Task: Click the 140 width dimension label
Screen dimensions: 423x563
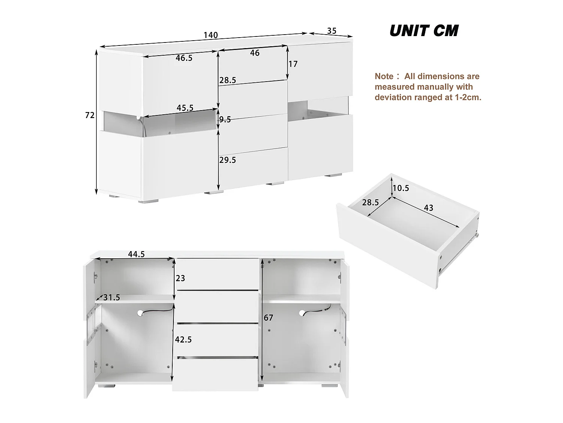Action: pos(211,35)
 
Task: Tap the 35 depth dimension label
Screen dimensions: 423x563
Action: pos(332,31)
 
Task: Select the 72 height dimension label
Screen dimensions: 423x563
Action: pos(90,115)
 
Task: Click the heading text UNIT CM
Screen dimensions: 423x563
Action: pos(424,31)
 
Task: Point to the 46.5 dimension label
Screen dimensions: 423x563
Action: pos(184,58)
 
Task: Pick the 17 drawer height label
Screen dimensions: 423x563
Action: pos(293,64)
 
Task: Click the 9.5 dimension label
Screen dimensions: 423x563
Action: pos(225,120)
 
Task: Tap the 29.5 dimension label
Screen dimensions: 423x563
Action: pos(227,160)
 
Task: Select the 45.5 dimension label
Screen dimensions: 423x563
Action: pos(185,108)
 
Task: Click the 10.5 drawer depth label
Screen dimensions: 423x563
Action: pos(400,188)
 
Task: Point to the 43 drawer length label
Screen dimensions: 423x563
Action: pos(428,208)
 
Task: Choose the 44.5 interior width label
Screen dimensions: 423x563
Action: pos(136,254)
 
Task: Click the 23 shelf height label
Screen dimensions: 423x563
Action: pos(181,278)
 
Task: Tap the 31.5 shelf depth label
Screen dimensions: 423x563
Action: pos(111,298)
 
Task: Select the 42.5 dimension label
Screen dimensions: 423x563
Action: pos(184,340)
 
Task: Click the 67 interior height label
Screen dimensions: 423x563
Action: pos(268,318)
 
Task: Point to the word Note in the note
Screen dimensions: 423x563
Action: pos(384,76)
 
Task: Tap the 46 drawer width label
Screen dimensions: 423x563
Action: pos(254,53)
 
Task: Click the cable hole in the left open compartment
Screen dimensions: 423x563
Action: pos(140,312)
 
